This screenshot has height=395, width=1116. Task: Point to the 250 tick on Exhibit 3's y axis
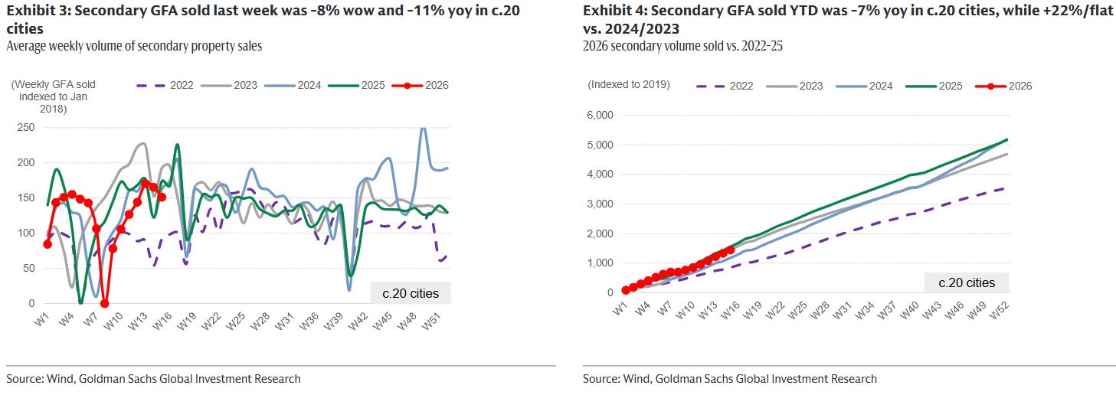coord(25,127)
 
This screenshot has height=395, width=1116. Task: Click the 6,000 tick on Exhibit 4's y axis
coord(600,116)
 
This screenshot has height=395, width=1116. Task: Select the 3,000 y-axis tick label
coord(600,204)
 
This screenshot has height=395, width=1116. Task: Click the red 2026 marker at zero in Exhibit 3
coord(105,303)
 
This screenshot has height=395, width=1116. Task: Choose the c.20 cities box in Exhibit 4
coord(967,282)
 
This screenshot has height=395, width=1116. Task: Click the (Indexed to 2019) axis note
coord(629,84)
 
